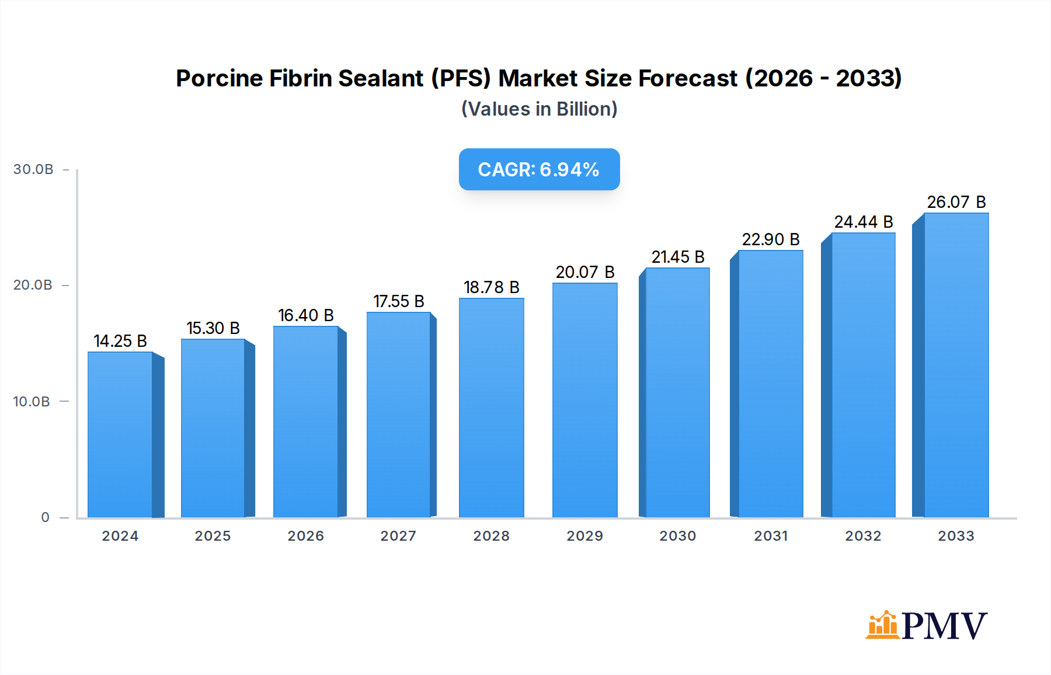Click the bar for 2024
(x=120, y=434)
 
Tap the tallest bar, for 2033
(x=956, y=365)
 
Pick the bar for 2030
(x=677, y=392)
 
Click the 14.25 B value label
(x=120, y=341)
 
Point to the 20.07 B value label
(x=585, y=272)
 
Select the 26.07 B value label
(x=956, y=202)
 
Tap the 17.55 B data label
(x=399, y=301)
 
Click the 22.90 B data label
(x=771, y=239)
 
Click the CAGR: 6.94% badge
(x=539, y=169)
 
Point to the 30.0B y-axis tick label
(x=33, y=169)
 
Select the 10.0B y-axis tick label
(x=32, y=402)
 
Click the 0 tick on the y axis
(x=46, y=517)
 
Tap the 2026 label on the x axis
(x=305, y=536)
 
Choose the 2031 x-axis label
(x=771, y=536)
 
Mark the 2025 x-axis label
(x=213, y=536)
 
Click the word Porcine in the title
(x=219, y=78)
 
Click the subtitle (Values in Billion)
(x=539, y=109)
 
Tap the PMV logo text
(x=944, y=626)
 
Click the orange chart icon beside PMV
(x=882, y=625)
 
